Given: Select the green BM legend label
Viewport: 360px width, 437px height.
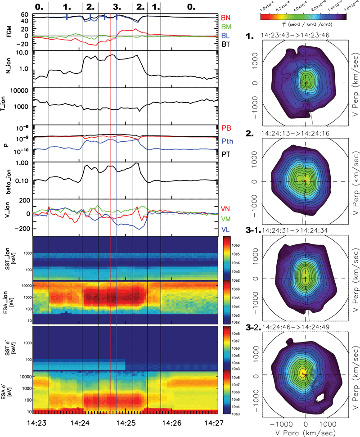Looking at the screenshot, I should [x=226, y=27].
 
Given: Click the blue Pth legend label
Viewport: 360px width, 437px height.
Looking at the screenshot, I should [x=227, y=141].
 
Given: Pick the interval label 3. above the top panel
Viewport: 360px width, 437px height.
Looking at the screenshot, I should [x=117, y=7].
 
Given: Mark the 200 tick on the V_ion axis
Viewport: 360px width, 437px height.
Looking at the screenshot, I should [x=23, y=200].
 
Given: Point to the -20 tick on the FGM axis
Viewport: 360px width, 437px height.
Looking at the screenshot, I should [x=23, y=44].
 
